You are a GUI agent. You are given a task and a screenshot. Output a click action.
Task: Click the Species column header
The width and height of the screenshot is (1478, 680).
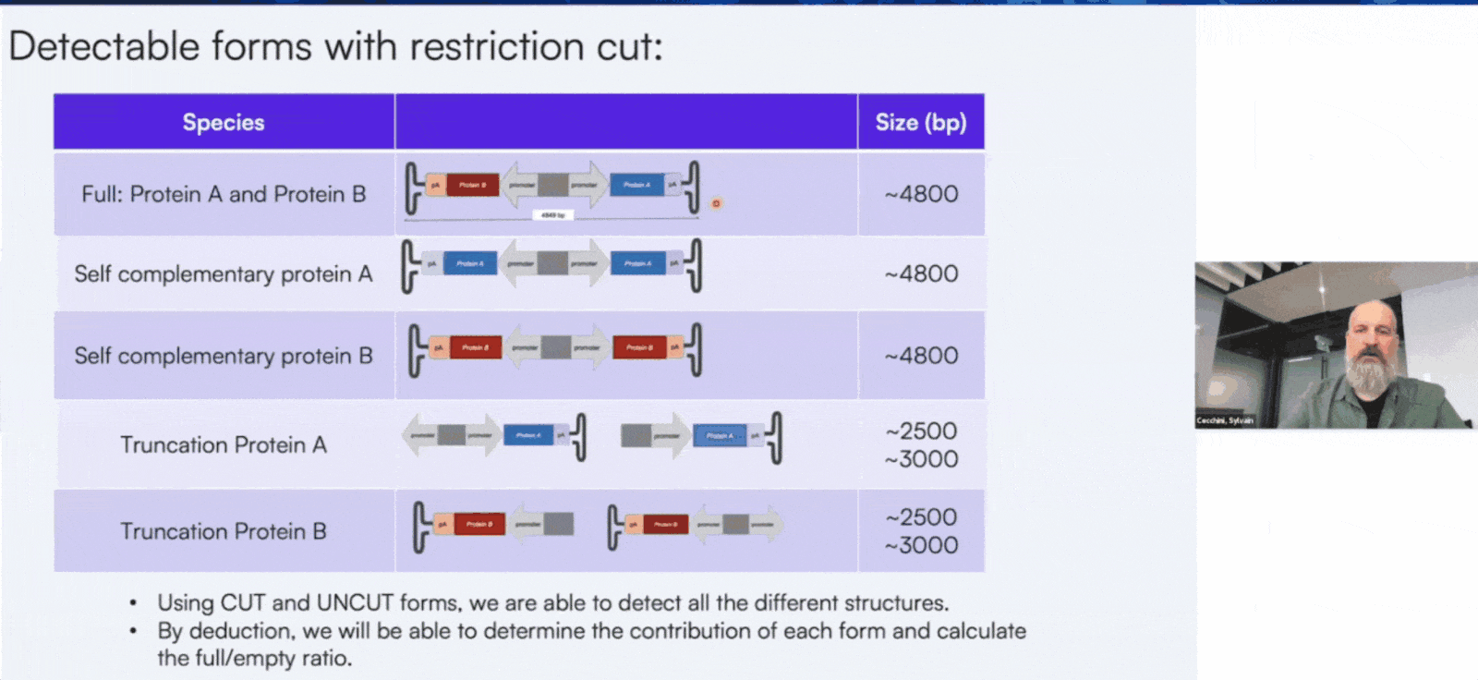224,122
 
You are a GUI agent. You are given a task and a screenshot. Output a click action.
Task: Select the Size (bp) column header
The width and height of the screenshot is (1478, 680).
920,122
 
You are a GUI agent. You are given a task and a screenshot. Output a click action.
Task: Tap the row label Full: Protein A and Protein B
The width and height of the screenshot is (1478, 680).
224,194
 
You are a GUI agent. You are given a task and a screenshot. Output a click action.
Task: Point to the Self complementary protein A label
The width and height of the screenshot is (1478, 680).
224,274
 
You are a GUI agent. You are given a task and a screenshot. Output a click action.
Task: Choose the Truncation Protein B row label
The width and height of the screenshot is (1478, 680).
224,531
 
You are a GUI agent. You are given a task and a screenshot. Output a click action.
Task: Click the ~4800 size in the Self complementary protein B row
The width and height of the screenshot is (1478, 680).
921,356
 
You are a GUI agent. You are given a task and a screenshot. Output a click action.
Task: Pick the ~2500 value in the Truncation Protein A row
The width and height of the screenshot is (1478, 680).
921,431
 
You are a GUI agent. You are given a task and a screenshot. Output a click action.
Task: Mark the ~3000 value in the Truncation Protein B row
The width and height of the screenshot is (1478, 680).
921,545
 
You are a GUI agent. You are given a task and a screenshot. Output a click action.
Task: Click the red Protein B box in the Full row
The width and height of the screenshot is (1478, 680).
473,185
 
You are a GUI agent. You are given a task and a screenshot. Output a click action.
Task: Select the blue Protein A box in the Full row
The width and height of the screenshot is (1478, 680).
636,185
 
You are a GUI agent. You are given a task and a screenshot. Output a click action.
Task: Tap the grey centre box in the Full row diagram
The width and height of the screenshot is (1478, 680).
552,185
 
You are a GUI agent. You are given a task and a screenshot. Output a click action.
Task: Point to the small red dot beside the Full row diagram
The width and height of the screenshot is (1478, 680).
716,203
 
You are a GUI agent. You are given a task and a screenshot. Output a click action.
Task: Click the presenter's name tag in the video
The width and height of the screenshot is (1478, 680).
1225,420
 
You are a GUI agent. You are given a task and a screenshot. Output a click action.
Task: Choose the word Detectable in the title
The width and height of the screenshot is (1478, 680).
103,47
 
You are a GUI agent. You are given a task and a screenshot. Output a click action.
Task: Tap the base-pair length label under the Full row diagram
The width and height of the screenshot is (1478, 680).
552,215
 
